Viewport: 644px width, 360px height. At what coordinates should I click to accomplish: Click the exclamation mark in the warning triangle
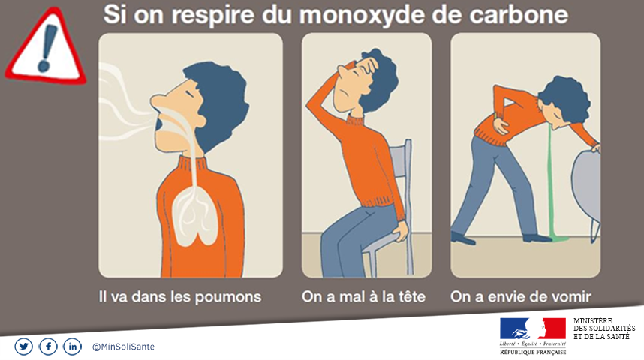(x=47, y=47)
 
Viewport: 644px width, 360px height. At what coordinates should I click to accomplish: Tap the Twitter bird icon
(x=23, y=346)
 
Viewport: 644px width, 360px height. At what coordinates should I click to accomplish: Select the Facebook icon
(x=48, y=346)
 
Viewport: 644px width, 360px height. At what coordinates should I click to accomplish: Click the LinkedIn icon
(x=72, y=346)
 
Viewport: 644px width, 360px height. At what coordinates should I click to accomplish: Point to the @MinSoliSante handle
(x=124, y=346)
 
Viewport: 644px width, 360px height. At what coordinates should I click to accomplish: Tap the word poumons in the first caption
(x=228, y=297)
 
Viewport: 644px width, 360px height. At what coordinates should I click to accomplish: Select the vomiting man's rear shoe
(x=463, y=238)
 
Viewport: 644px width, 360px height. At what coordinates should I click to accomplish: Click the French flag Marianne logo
(x=533, y=328)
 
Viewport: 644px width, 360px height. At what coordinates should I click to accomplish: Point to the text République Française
(x=533, y=352)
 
